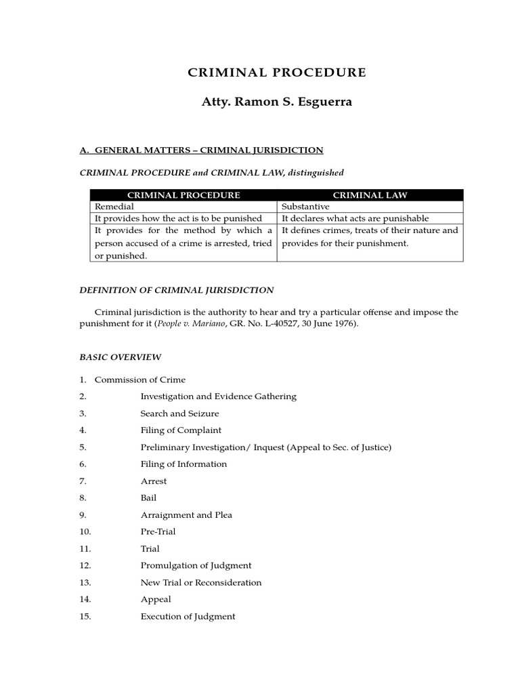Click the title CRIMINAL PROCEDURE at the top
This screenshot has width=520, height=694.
coord(276,73)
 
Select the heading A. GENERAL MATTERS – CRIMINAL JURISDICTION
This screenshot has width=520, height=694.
coord(201,150)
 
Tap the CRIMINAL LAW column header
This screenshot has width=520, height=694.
coord(370,195)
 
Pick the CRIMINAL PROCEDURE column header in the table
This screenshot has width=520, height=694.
coord(183,195)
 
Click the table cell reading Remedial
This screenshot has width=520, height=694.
coord(114,207)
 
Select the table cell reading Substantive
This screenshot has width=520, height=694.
coord(305,207)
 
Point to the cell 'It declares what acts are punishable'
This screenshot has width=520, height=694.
coord(355,218)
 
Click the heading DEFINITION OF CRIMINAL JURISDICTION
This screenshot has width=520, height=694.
coord(177,290)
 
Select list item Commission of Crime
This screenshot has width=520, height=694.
coord(139,380)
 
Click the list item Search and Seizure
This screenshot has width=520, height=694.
coord(179,413)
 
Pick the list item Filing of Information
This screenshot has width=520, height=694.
coord(183,464)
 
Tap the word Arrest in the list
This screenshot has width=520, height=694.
coord(153,481)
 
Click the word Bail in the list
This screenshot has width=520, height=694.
coord(148,498)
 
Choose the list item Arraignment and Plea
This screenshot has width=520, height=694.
coord(186,515)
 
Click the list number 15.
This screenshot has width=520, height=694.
coord(85,617)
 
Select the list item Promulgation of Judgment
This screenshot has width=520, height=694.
coord(196,566)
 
